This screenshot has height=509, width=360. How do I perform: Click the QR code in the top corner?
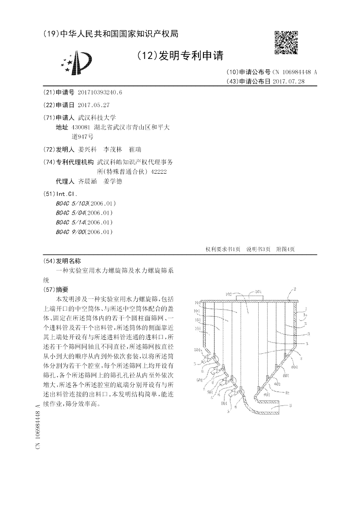[286, 43]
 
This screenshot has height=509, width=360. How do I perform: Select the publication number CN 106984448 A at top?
[295, 72]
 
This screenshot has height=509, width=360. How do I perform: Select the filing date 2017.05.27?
[94, 104]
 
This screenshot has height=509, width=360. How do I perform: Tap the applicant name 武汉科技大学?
[97, 117]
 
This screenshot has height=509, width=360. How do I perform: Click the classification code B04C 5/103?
[73, 204]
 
